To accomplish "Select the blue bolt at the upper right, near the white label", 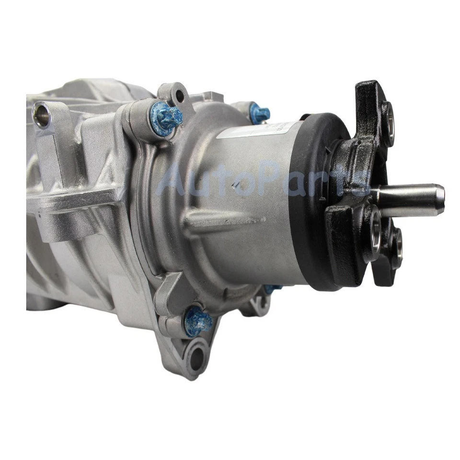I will [260, 114].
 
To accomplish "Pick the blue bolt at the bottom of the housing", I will [197, 320].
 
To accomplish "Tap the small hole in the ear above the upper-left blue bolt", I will [180, 96].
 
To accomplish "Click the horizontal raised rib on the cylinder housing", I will [225, 222].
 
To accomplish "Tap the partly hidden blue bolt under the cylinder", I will [272, 289].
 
